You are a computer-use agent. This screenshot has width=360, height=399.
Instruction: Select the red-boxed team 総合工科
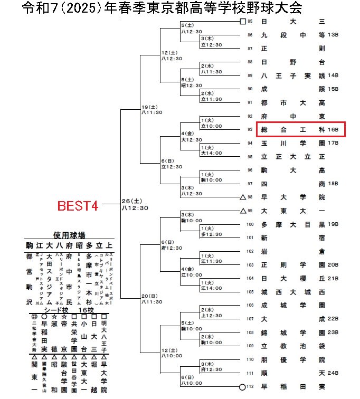click(x=293, y=129)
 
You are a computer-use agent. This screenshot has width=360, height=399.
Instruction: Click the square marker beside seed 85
click(x=242, y=22)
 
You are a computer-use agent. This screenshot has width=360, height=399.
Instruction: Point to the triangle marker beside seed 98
click(x=242, y=197)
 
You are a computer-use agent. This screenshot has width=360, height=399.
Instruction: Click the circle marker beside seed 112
click(x=242, y=386)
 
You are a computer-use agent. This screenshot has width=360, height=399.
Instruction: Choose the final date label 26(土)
click(x=132, y=201)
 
